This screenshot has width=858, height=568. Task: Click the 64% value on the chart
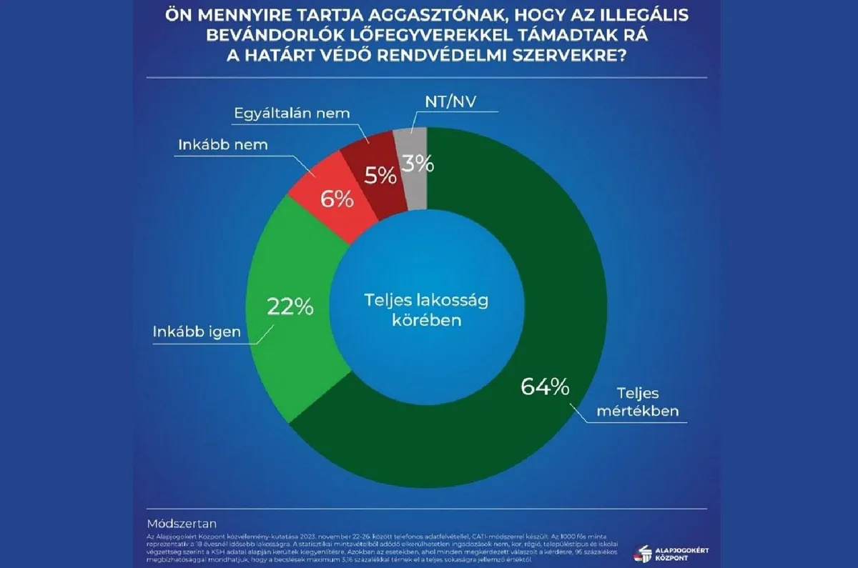pos(545,388)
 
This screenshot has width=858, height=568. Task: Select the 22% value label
pos(290,307)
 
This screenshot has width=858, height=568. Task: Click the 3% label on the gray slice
pos(417,164)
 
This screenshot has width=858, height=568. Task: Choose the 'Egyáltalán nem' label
pos(293,114)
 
